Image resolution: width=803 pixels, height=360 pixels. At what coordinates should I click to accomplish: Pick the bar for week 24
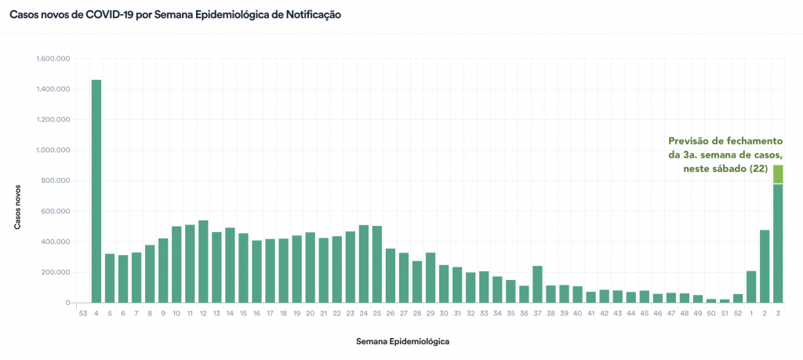click(x=363, y=264)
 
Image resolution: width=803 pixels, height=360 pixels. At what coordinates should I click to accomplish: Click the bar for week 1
click(x=751, y=286)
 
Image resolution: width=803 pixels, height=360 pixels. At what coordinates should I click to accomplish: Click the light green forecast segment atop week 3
click(x=778, y=174)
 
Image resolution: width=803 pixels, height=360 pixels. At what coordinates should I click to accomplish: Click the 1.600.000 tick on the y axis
click(x=53, y=59)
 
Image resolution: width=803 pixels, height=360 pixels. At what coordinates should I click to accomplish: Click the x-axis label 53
click(x=83, y=313)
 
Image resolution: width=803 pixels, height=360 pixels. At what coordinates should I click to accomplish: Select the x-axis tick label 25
click(x=377, y=313)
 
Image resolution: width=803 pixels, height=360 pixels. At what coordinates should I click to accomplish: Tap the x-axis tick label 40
click(x=577, y=313)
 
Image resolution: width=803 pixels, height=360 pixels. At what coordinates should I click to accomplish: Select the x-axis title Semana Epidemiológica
click(x=402, y=342)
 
